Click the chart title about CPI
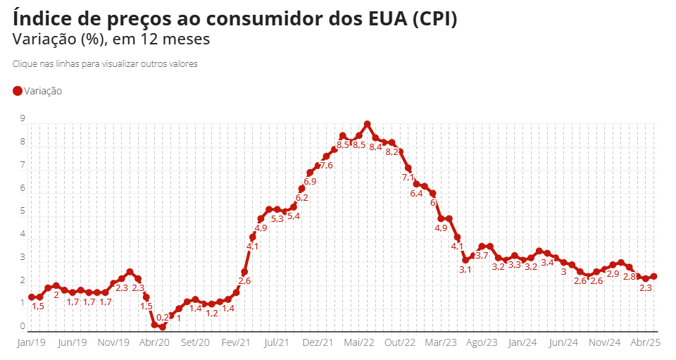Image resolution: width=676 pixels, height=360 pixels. pos(235,18)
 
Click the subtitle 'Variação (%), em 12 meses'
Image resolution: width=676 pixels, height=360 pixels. pos(111,39)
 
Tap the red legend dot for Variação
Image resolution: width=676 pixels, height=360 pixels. pos(18,91)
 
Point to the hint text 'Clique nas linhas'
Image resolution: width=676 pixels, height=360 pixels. pos(105,63)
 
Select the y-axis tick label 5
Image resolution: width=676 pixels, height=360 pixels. pos(23,211)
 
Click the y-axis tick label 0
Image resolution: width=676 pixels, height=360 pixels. pos(23,326)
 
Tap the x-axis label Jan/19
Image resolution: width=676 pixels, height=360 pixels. pos(31,342)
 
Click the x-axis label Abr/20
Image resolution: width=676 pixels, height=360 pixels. pos(154,342)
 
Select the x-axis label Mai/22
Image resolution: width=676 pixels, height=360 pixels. pos(359,342)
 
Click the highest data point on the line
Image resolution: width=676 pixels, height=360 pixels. pos(367,124)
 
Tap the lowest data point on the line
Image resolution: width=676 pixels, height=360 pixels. pos(163,327)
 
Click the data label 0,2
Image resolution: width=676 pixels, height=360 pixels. pos(162,318)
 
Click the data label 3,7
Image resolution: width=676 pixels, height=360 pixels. pos(482,256)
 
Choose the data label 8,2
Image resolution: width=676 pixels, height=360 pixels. pos(392,152)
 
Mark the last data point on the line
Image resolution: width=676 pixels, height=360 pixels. pos(653,277)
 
